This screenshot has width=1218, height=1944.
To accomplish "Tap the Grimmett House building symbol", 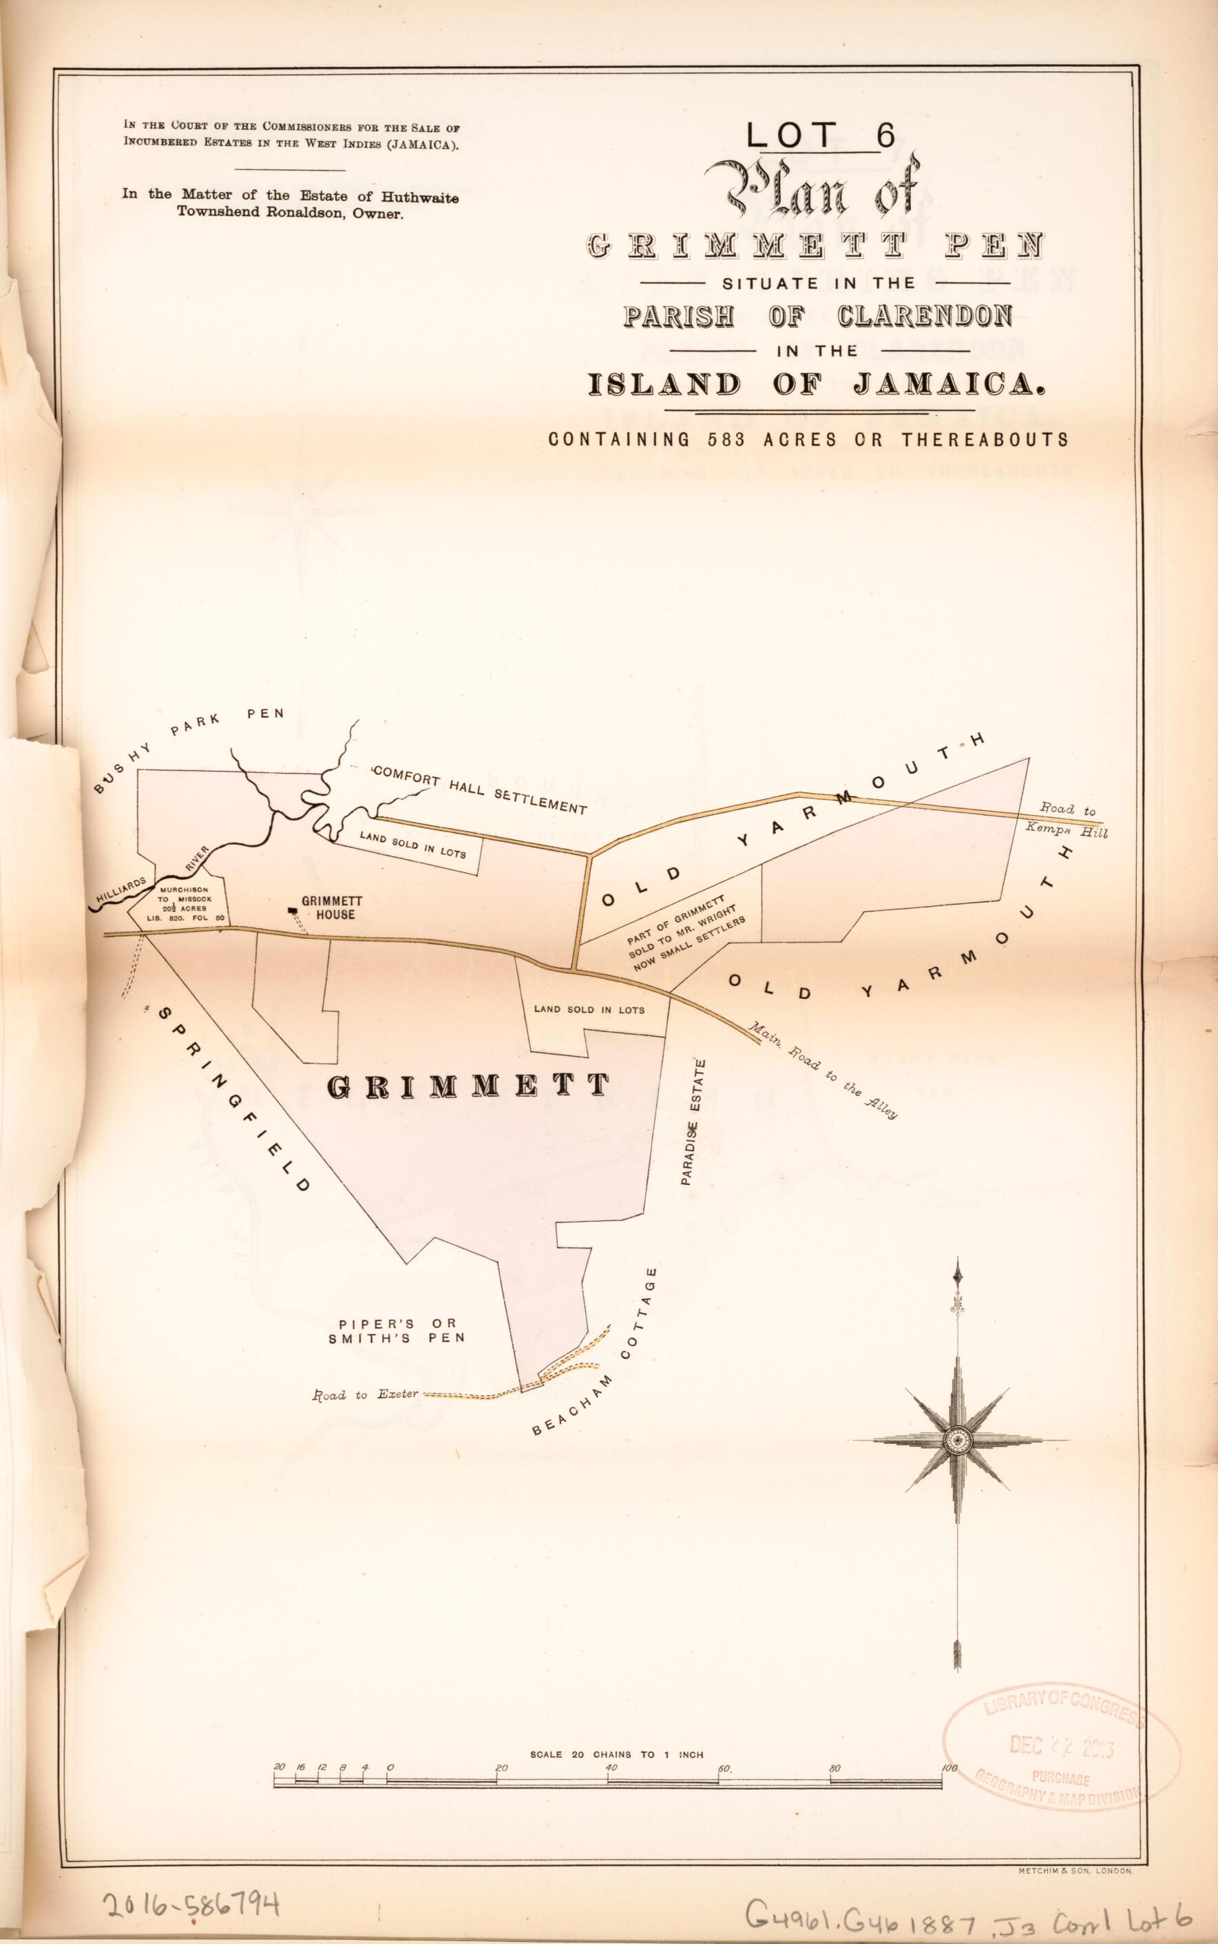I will point(292,911).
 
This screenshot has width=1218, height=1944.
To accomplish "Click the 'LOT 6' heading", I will point(820,136).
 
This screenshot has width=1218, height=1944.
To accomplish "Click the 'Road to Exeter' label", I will point(366,1395).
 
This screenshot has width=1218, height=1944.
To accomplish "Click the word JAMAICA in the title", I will point(951,384).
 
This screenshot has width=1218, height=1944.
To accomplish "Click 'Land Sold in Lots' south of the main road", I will point(589,1009).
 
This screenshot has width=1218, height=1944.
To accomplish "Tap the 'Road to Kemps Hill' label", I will point(1072,821).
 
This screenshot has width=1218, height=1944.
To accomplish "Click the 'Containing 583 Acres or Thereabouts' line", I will point(808,440).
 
